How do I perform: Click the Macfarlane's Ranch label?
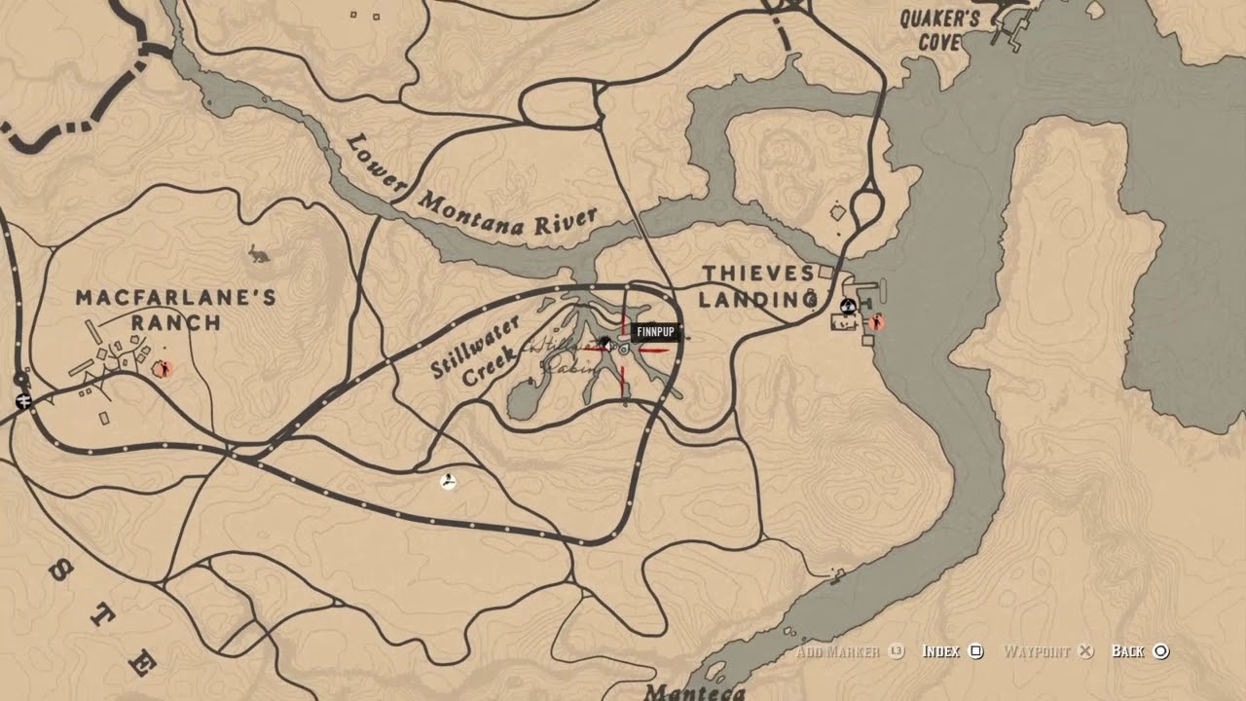[175, 310]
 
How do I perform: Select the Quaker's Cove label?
[939, 30]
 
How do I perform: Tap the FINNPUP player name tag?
[654, 333]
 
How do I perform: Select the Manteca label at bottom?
[693, 692]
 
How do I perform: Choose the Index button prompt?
[952, 651]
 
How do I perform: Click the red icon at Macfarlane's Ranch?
[164, 368]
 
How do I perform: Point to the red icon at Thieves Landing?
[876, 321]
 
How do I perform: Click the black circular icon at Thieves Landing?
[848, 306]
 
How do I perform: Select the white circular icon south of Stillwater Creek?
[448, 481]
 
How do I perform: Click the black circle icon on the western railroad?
[19, 380]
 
